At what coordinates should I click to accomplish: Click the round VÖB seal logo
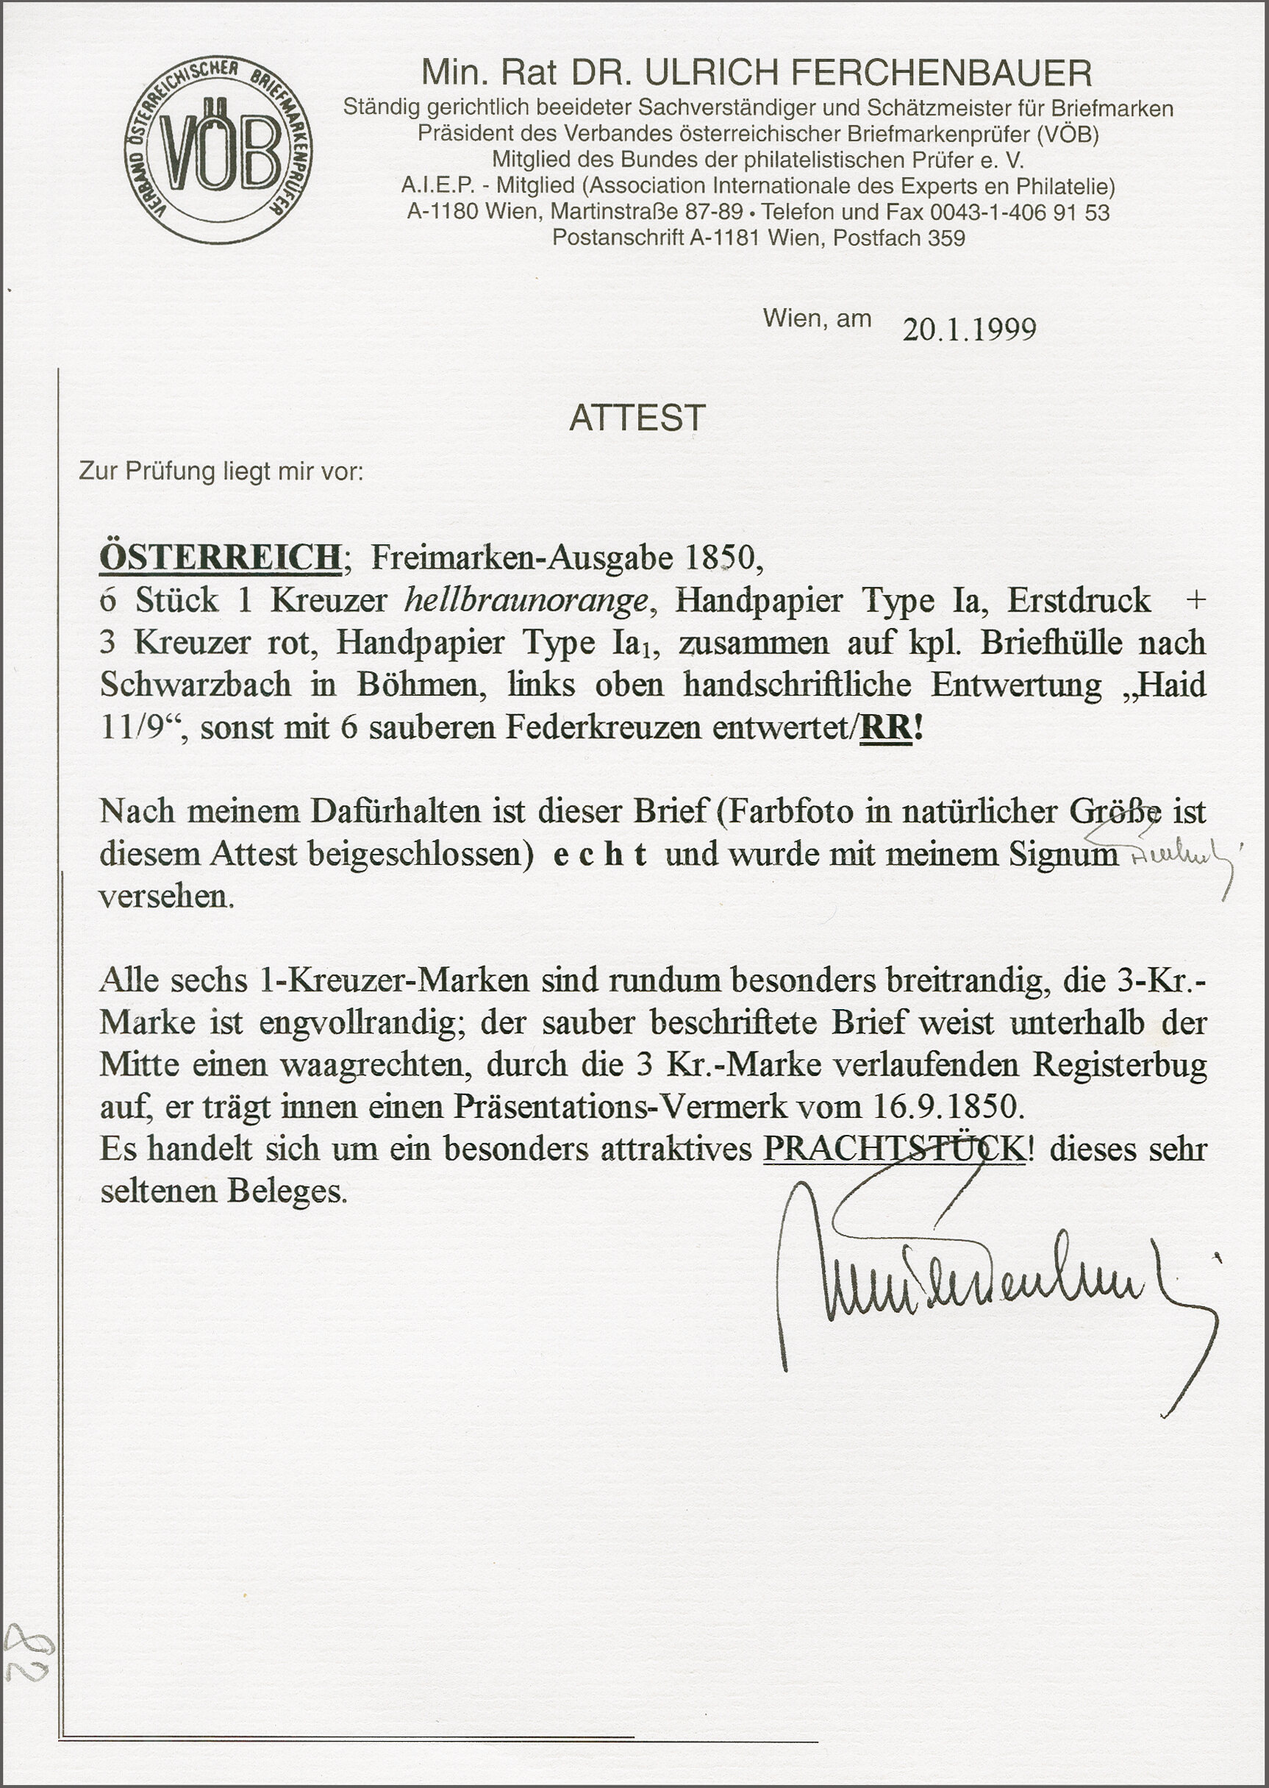(218, 149)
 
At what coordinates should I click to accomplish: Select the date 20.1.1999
(969, 329)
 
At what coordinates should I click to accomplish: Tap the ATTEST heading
(637, 418)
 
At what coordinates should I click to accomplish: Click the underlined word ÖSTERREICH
(221, 558)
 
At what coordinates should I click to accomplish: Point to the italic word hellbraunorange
(526, 600)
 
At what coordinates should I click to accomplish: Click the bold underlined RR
(885, 727)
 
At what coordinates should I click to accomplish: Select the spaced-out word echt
(599, 854)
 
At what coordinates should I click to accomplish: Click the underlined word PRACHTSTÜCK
(893, 1149)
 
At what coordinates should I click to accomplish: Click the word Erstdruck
(1079, 600)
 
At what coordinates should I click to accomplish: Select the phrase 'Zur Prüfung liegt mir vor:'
(221, 471)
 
